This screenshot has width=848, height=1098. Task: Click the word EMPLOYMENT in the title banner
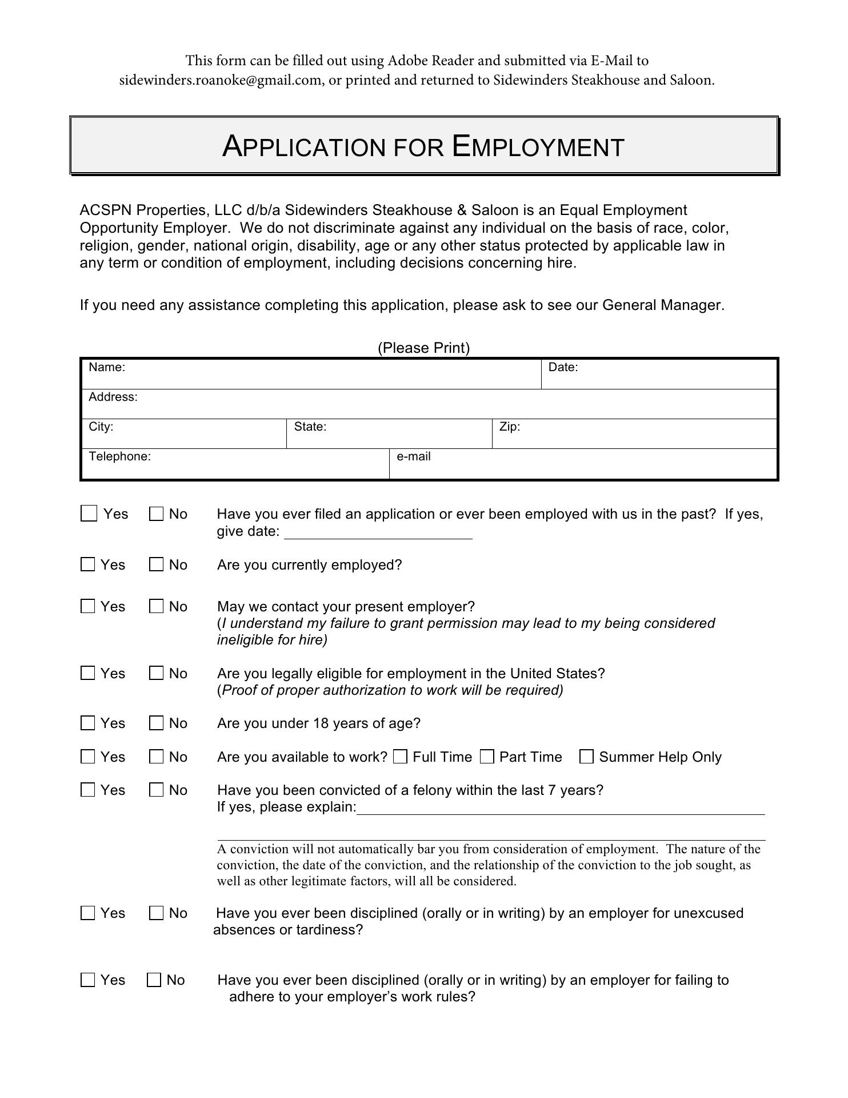click(538, 146)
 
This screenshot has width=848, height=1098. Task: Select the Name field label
click(107, 368)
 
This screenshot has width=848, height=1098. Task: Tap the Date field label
click(563, 368)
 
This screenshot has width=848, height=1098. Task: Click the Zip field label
click(510, 427)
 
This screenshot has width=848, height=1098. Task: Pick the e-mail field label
click(414, 457)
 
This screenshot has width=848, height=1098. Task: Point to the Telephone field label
click(119, 457)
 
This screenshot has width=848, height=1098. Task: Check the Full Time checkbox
click(401, 757)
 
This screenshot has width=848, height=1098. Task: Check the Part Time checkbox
click(487, 757)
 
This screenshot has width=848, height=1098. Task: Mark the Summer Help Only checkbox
click(586, 757)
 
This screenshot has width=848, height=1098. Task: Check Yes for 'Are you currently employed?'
click(88, 565)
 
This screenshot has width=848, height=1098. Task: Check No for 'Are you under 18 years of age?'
click(156, 723)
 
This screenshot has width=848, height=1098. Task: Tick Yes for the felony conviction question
click(88, 790)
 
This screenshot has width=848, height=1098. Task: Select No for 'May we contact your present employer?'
click(156, 607)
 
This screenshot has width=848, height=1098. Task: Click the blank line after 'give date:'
click(378, 533)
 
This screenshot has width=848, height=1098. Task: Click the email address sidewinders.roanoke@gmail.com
click(220, 80)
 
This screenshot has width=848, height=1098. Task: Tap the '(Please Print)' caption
click(423, 348)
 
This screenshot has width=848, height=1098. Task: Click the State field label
click(310, 427)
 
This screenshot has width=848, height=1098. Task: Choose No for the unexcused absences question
click(156, 913)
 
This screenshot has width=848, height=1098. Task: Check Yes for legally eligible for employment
click(88, 674)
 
